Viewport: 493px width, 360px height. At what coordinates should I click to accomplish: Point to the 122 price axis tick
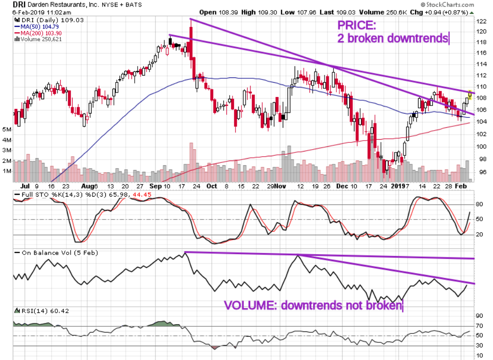pos(482,22)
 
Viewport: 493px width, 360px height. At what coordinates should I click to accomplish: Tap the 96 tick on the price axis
pos(482,172)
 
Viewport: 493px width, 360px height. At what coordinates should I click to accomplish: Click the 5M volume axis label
pos(7,130)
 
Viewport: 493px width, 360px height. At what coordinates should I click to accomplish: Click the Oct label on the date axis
pos(212,186)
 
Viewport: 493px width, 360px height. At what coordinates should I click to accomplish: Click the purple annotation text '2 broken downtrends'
pos(393,38)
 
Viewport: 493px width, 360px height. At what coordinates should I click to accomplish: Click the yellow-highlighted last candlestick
pos(470,93)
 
